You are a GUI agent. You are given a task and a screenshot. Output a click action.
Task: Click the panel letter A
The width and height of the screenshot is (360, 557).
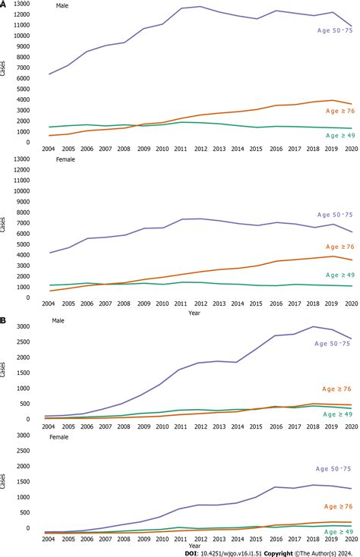click(4, 4)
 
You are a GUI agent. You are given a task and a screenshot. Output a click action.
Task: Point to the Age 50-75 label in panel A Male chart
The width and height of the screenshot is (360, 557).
click(335, 30)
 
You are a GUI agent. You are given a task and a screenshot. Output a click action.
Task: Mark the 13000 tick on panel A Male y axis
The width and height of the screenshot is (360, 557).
click(21, 5)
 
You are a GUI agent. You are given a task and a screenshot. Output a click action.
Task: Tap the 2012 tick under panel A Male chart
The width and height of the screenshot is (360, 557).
click(201, 149)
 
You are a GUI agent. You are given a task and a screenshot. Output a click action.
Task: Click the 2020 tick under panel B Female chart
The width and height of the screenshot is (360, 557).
click(350, 537)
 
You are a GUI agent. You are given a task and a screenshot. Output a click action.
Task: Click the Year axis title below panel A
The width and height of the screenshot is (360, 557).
click(195, 312)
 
